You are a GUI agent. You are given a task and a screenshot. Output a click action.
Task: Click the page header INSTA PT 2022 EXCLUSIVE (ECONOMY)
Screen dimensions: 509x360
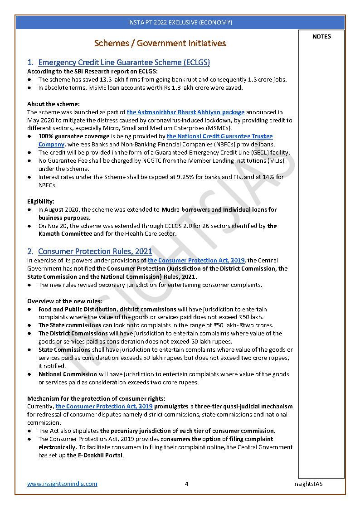pyautogui.click(x=180, y=22)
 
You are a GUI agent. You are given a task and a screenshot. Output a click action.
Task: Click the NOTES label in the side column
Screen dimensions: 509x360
pyautogui.click(x=321, y=37)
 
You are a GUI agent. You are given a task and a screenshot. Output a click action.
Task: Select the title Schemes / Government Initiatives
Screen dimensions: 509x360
pyautogui.click(x=160, y=44)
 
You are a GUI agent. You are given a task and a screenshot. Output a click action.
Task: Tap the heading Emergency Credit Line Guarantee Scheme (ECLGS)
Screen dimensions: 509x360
pyautogui.click(x=124, y=63)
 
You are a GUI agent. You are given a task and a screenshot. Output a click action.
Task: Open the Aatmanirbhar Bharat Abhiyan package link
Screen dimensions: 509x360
pyautogui.click(x=185, y=112)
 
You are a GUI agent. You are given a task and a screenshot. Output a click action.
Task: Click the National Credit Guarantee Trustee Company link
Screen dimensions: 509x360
pyautogui.click(x=219, y=136)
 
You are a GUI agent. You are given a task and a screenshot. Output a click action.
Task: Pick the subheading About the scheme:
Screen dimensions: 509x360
pyautogui.click(x=54, y=104)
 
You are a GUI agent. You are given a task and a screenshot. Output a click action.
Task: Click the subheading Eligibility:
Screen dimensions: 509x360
pyautogui.click(x=41, y=201)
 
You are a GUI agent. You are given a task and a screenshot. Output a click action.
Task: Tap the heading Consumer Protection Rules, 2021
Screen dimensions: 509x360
pyautogui.click(x=95, y=251)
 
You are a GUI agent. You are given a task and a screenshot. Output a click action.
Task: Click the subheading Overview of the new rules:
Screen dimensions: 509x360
pyautogui.click(x=64, y=301)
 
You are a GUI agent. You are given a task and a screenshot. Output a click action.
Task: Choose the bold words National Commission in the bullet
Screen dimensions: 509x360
pyautogui.click(x=68, y=374)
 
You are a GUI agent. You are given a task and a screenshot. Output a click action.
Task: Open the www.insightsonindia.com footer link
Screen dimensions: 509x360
pyautogui.click(x=62, y=484)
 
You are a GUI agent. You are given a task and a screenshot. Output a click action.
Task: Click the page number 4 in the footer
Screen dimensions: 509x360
pyautogui.click(x=186, y=484)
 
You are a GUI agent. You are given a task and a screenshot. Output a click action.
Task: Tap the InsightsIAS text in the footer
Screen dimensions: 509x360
pyautogui.click(x=307, y=484)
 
